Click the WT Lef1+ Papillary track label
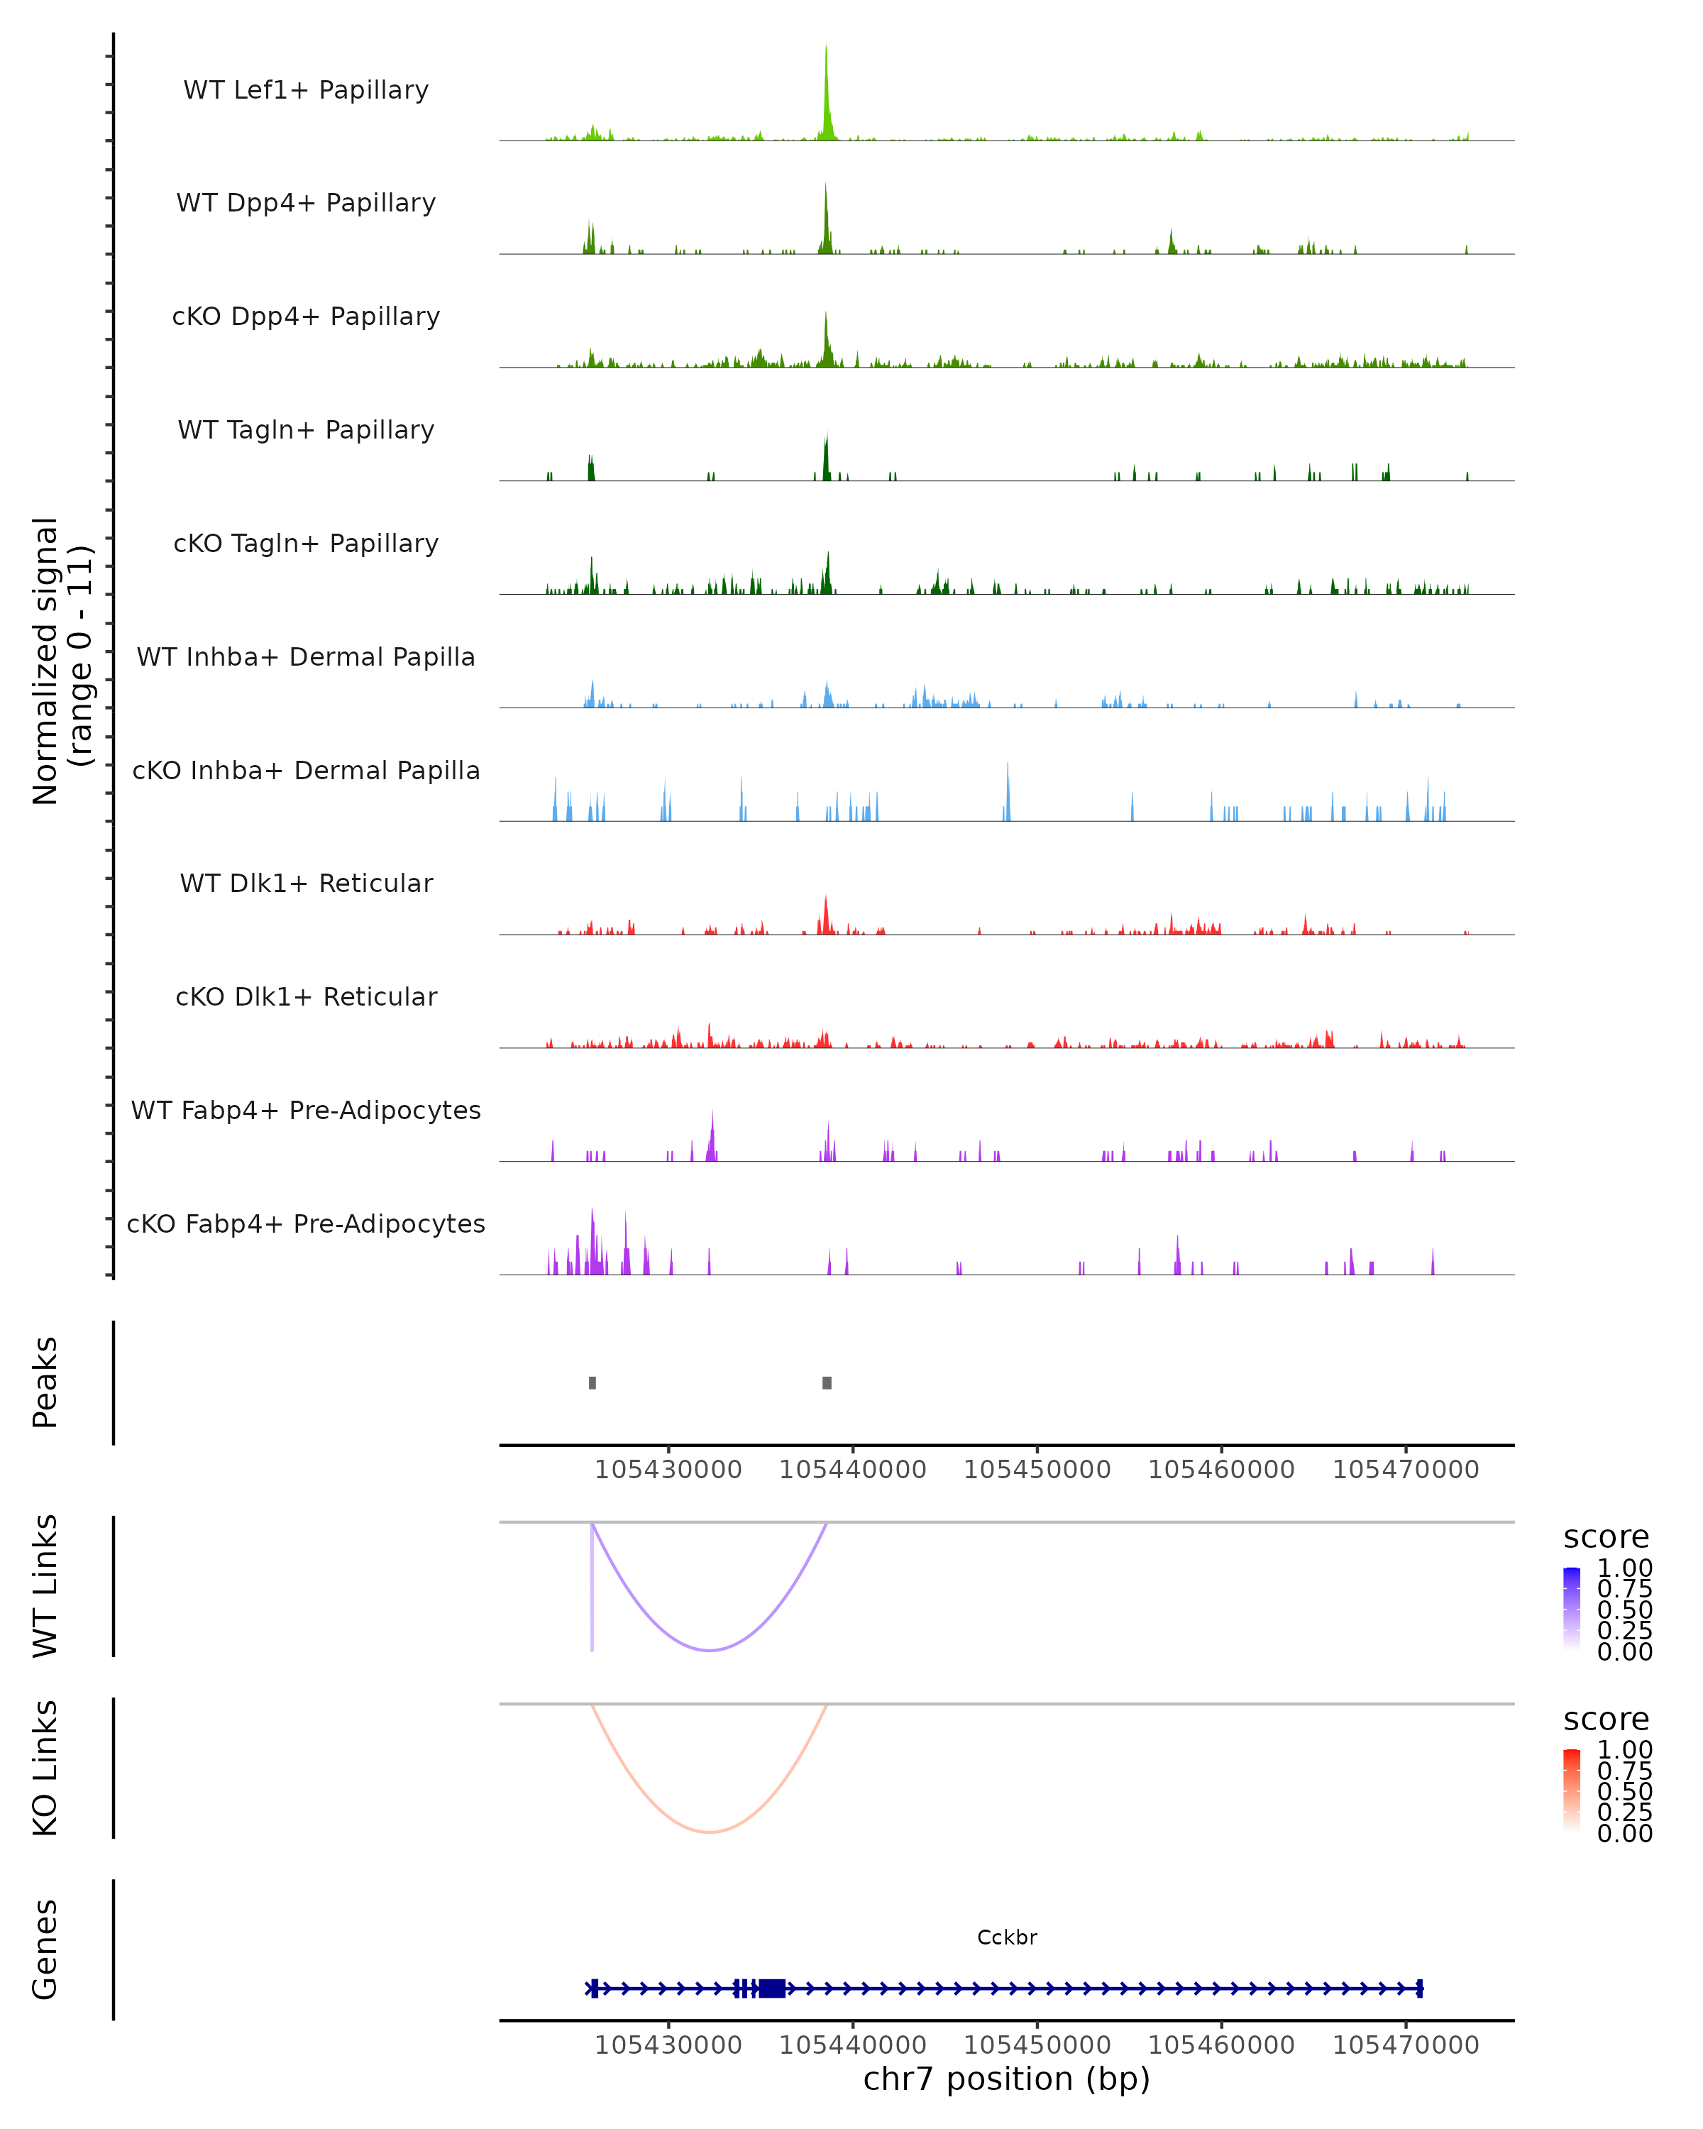tap(306, 90)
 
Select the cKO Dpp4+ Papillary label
tap(306, 317)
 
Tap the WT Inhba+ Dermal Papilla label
tap(306, 658)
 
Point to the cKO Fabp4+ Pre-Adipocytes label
tap(306, 1224)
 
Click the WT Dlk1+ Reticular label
tap(306, 884)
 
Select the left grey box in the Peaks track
tap(593, 1382)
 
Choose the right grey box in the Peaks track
tap(827, 1382)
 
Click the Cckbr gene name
tap(1007, 1937)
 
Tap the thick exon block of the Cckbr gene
tap(772, 1988)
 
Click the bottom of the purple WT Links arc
tap(710, 1650)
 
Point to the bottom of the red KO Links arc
tap(710, 1833)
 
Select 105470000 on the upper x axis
tap(1406, 1470)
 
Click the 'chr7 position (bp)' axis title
tap(1007, 2079)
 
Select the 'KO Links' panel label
tap(45, 1768)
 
